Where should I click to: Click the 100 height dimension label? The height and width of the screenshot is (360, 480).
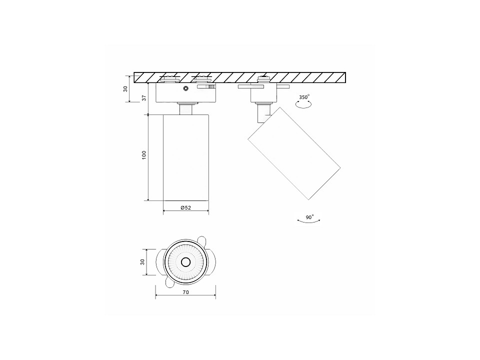pos(143,155)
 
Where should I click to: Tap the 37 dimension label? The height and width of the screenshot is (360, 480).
pos(143,98)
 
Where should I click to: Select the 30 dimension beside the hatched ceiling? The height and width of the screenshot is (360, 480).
pos(126,88)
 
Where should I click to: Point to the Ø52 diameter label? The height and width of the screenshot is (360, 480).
pos(186,207)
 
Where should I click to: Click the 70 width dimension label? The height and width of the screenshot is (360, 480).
pos(185,292)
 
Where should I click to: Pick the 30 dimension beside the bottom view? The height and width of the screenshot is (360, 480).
pos(142,262)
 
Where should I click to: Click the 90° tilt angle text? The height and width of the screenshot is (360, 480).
pos(309,217)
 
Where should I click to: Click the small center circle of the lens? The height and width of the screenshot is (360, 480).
pos(185,262)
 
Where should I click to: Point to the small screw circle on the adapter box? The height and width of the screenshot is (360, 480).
pos(186,88)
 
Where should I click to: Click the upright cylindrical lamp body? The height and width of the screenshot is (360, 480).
pos(186,157)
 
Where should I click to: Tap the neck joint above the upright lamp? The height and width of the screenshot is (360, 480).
pos(186,109)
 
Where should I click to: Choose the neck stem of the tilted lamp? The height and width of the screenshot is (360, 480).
pos(261,113)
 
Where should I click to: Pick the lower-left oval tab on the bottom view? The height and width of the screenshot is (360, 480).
pos(169,283)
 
